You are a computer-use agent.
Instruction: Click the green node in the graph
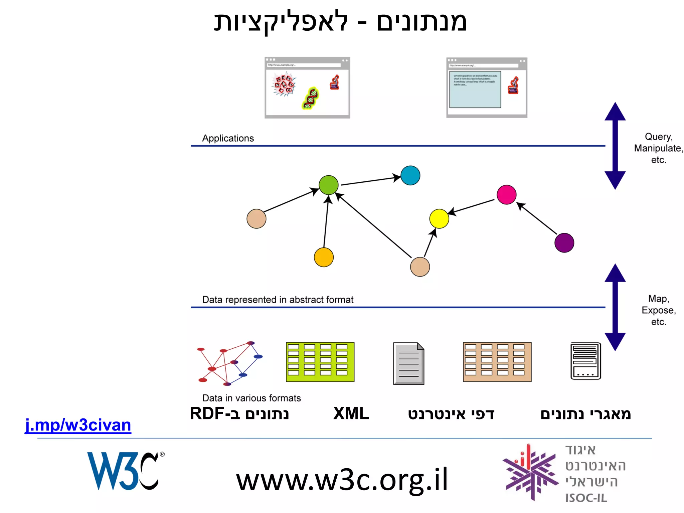(329, 185)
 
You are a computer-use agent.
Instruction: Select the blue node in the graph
(410, 175)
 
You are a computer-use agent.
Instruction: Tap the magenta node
(506, 194)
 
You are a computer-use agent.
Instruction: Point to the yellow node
(439, 219)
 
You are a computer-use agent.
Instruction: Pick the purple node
(564, 243)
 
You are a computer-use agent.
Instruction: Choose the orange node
(324, 257)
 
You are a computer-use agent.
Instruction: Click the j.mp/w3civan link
(78, 425)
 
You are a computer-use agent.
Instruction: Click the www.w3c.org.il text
(342, 480)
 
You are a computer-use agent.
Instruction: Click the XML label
(351, 413)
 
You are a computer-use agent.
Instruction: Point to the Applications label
(228, 138)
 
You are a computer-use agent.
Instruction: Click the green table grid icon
(320, 362)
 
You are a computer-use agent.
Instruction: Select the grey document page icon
(408, 363)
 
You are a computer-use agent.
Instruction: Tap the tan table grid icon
(497, 362)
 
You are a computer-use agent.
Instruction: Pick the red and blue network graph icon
(230, 363)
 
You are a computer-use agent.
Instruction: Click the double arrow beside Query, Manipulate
(615, 146)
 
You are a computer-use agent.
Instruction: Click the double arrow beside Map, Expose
(615, 307)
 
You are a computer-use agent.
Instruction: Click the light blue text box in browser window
(475, 90)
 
